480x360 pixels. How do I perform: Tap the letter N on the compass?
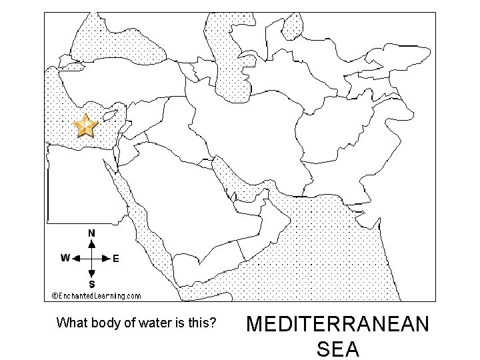point(91,233)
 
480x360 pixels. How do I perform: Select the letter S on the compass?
point(91,285)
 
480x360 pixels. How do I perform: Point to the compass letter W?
point(65,258)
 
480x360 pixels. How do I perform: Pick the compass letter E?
point(116,259)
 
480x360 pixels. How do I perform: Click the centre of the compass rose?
point(91,258)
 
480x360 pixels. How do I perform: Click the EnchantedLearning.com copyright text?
point(96,295)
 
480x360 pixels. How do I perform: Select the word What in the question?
point(71,324)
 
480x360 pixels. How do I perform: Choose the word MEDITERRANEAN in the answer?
point(338,325)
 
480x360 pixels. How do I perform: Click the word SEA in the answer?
point(338,349)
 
